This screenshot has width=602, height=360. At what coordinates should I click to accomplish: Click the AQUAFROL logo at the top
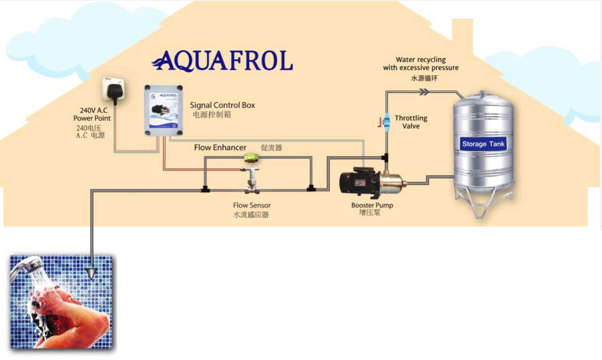coord(222,61)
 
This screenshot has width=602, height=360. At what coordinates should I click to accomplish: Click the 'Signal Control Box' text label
coord(222,105)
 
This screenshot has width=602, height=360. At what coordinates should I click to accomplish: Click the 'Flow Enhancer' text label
coord(220,148)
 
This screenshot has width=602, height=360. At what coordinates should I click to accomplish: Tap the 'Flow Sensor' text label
coord(252,205)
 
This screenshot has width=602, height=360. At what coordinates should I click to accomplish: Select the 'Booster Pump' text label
coord(372,205)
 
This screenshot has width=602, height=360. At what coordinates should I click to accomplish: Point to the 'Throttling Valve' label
coord(411,122)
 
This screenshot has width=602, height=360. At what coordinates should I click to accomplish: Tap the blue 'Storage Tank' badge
coord(483,144)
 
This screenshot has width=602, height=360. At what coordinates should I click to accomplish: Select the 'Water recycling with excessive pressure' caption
coord(420,64)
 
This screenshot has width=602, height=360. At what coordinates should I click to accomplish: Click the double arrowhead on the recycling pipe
coord(424,92)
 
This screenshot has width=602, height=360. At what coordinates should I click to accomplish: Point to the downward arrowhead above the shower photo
coord(92,272)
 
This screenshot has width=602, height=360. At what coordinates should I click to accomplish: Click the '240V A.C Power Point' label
coord(92,114)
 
